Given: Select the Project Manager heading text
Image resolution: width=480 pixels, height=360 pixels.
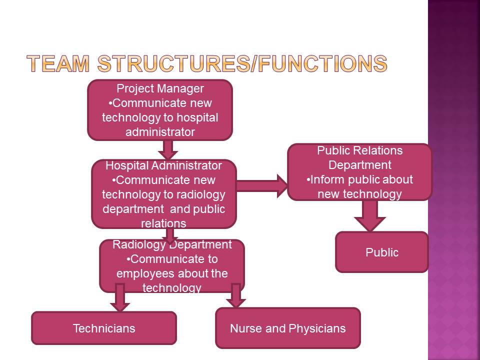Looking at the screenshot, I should (160, 88).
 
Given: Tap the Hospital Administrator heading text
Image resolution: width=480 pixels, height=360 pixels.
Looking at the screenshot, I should (163, 165).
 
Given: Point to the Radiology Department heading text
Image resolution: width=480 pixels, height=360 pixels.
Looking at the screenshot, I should (172, 244).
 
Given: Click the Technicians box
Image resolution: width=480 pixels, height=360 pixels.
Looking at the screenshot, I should (104, 328).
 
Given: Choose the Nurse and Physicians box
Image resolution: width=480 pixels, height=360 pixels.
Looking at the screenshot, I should (287, 328).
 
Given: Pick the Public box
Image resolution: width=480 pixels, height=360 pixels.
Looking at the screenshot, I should (382, 252).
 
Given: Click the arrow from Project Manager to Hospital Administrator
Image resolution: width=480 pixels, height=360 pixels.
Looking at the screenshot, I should (168, 149).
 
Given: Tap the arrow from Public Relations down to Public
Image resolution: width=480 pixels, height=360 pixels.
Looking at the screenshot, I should (369, 215).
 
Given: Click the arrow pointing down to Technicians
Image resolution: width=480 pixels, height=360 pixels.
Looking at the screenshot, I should (119, 297).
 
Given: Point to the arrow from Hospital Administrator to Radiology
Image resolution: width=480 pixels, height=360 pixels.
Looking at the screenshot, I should (170, 234).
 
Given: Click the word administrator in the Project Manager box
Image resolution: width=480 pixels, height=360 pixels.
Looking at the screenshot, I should (160, 132).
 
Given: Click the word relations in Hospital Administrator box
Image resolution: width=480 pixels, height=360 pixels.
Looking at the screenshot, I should (163, 223).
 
